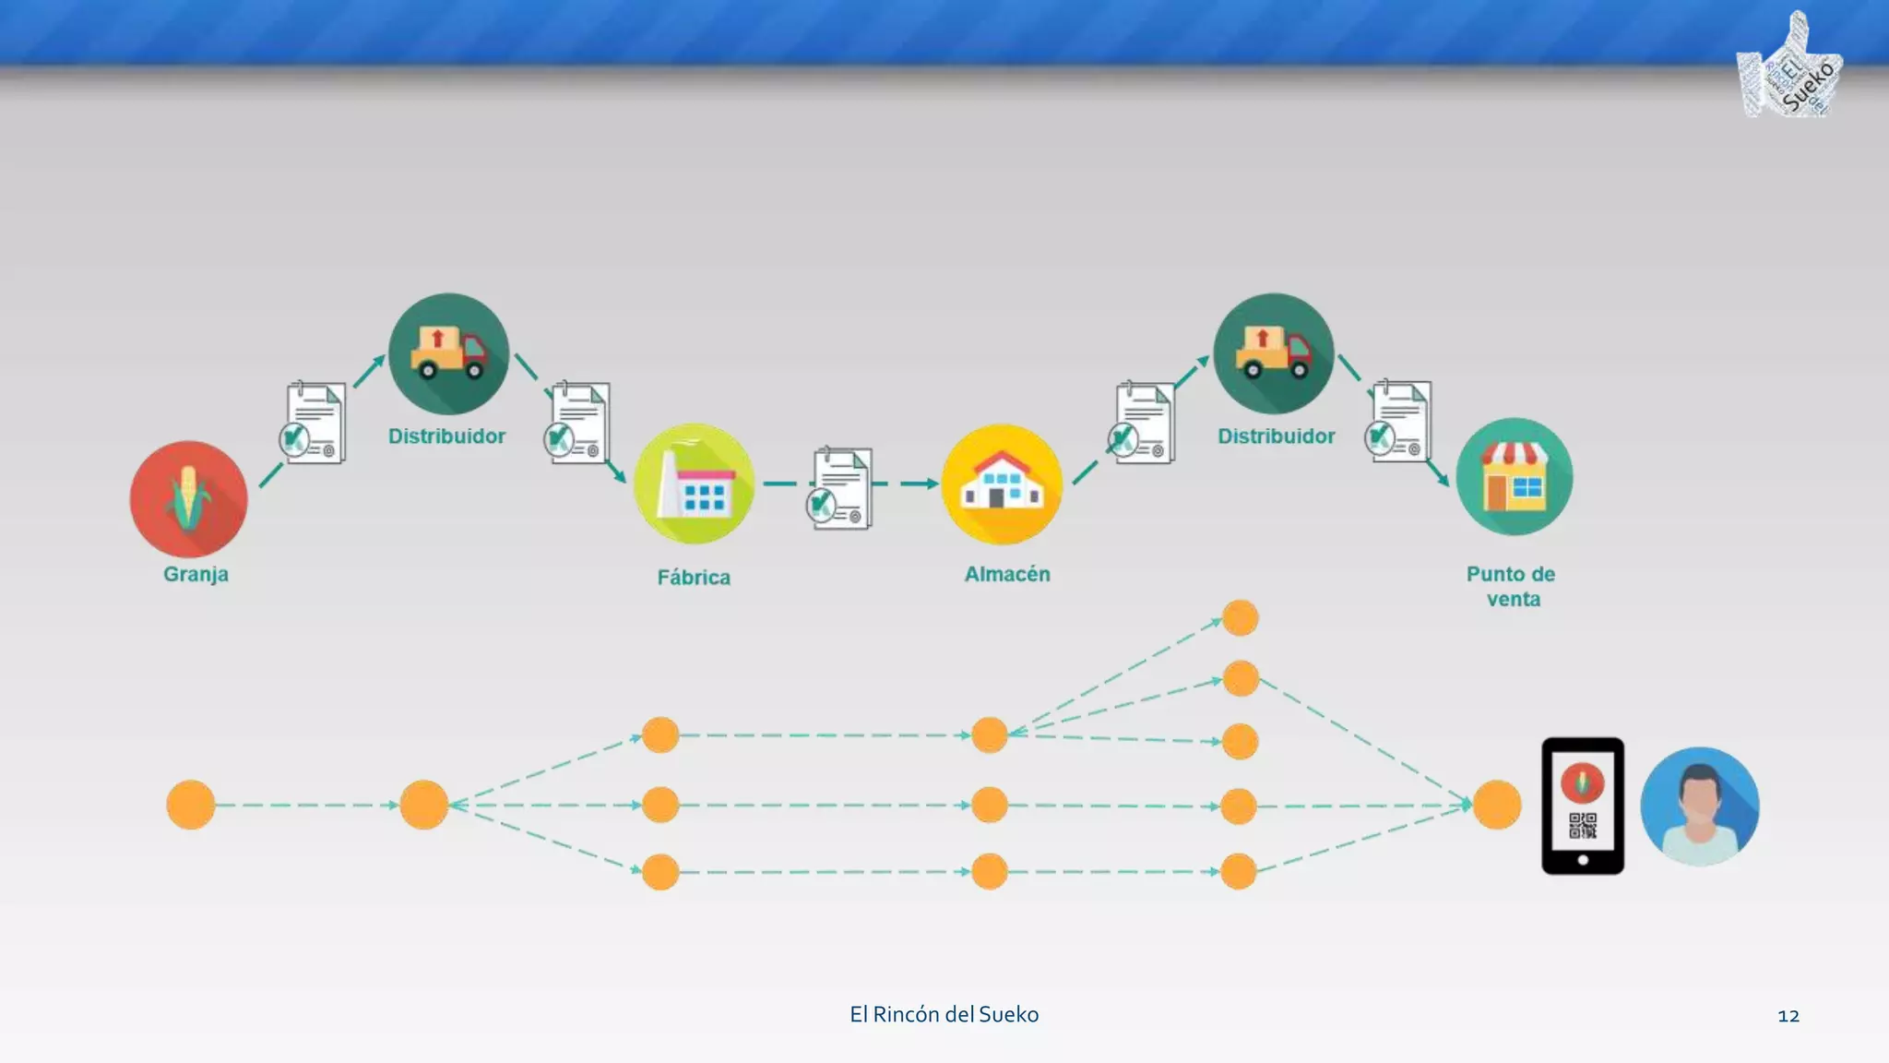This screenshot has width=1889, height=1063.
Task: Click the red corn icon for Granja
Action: pyautogui.click(x=189, y=499)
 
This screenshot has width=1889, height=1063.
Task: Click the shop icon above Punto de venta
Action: pyautogui.click(x=1515, y=477)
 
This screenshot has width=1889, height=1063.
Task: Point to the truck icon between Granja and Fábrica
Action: pyautogui.click(x=448, y=353)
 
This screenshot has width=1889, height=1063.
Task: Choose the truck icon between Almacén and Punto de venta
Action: pyautogui.click(x=1274, y=353)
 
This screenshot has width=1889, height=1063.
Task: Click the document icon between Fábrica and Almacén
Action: pyautogui.click(x=840, y=488)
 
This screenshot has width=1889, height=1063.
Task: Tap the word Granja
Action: pyautogui.click(x=196, y=574)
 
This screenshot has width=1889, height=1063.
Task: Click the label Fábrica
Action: pyautogui.click(x=694, y=578)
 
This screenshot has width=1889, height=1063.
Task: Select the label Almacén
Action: pyautogui.click(x=1007, y=574)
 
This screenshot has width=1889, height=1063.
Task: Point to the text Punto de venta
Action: pyautogui.click(x=1512, y=586)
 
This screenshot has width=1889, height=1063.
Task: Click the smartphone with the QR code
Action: pyautogui.click(x=1583, y=806)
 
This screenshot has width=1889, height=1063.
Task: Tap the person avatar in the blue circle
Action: pyautogui.click(x=1700, y=806)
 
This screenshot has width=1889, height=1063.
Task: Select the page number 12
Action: pyautogui.click(x=1788, y=1016)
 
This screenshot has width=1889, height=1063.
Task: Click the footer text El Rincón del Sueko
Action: pyautogui.click(x=944, y=1015)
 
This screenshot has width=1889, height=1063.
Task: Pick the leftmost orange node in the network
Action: pyautogui.click(x=191, y=805)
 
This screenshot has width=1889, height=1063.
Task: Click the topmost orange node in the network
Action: pyautogui.click(x=1241, y=618)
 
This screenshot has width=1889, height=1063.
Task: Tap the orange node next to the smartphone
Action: pyautogui.click(x=1496, y=805)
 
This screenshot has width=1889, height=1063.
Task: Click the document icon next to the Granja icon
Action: pyautogui.click(x=315, y=423)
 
